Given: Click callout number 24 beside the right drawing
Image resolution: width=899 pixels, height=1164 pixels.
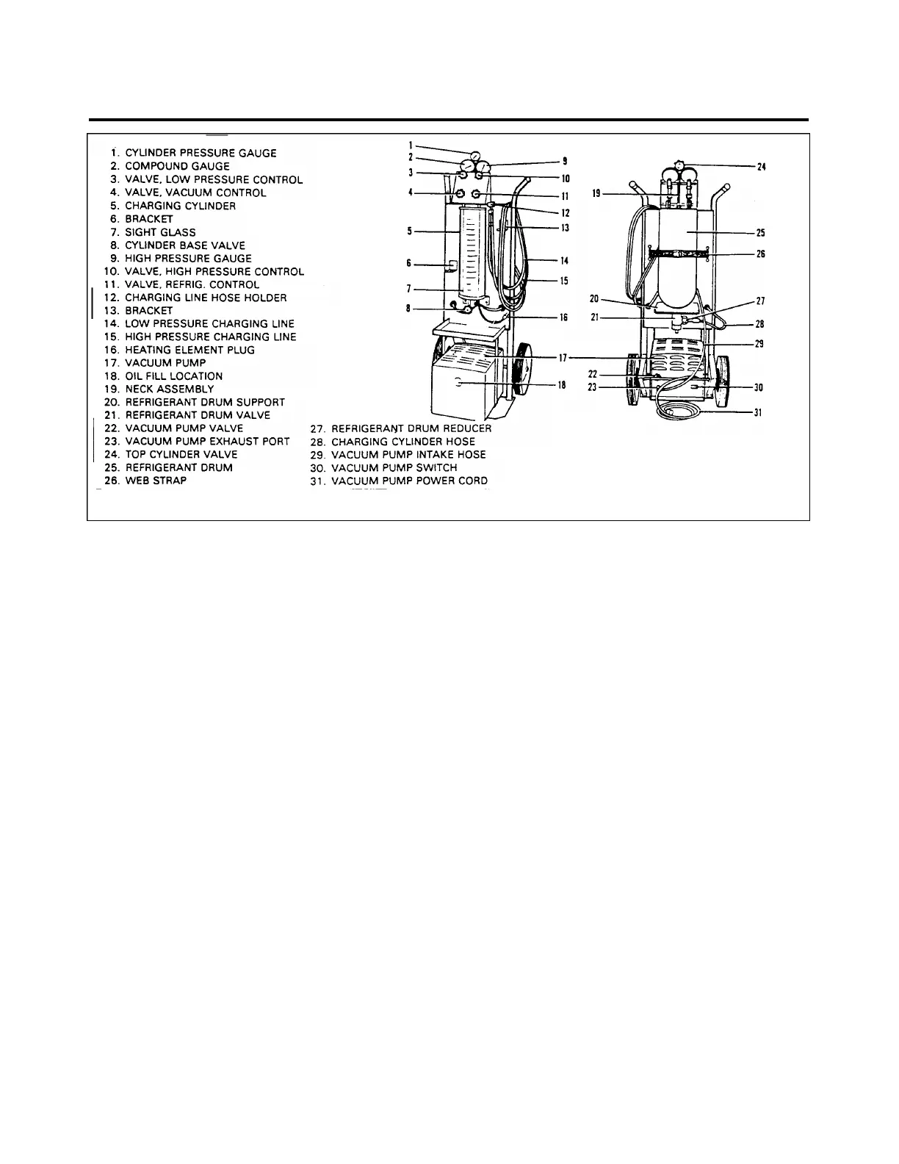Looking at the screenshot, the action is [761, 167].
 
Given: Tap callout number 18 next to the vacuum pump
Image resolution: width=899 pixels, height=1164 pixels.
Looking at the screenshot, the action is [562, 384].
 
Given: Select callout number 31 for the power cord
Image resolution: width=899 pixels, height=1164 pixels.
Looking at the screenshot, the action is [758, 413].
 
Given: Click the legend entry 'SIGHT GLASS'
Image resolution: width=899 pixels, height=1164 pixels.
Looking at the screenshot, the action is [160, 232].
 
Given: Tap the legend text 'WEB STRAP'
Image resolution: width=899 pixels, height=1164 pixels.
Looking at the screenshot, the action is [156, 481].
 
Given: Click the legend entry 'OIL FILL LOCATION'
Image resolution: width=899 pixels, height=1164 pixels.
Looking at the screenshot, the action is [173, 376].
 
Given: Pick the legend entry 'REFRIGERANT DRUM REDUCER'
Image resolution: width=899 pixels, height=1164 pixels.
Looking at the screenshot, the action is [411, 428].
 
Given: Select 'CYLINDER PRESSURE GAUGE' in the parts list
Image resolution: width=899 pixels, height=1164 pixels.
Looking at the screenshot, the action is [201, 154].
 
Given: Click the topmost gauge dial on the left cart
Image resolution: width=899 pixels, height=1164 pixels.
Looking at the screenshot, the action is [475, 156].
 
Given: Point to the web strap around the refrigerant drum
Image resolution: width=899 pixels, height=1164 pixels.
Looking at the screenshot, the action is [679, 254].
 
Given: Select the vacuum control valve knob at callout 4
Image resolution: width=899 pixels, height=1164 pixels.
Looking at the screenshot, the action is [461, 194].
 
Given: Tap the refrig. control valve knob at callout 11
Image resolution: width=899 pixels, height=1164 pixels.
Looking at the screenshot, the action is [477, 194].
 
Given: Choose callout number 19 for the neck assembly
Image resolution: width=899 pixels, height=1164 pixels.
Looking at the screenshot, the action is [596, 194].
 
